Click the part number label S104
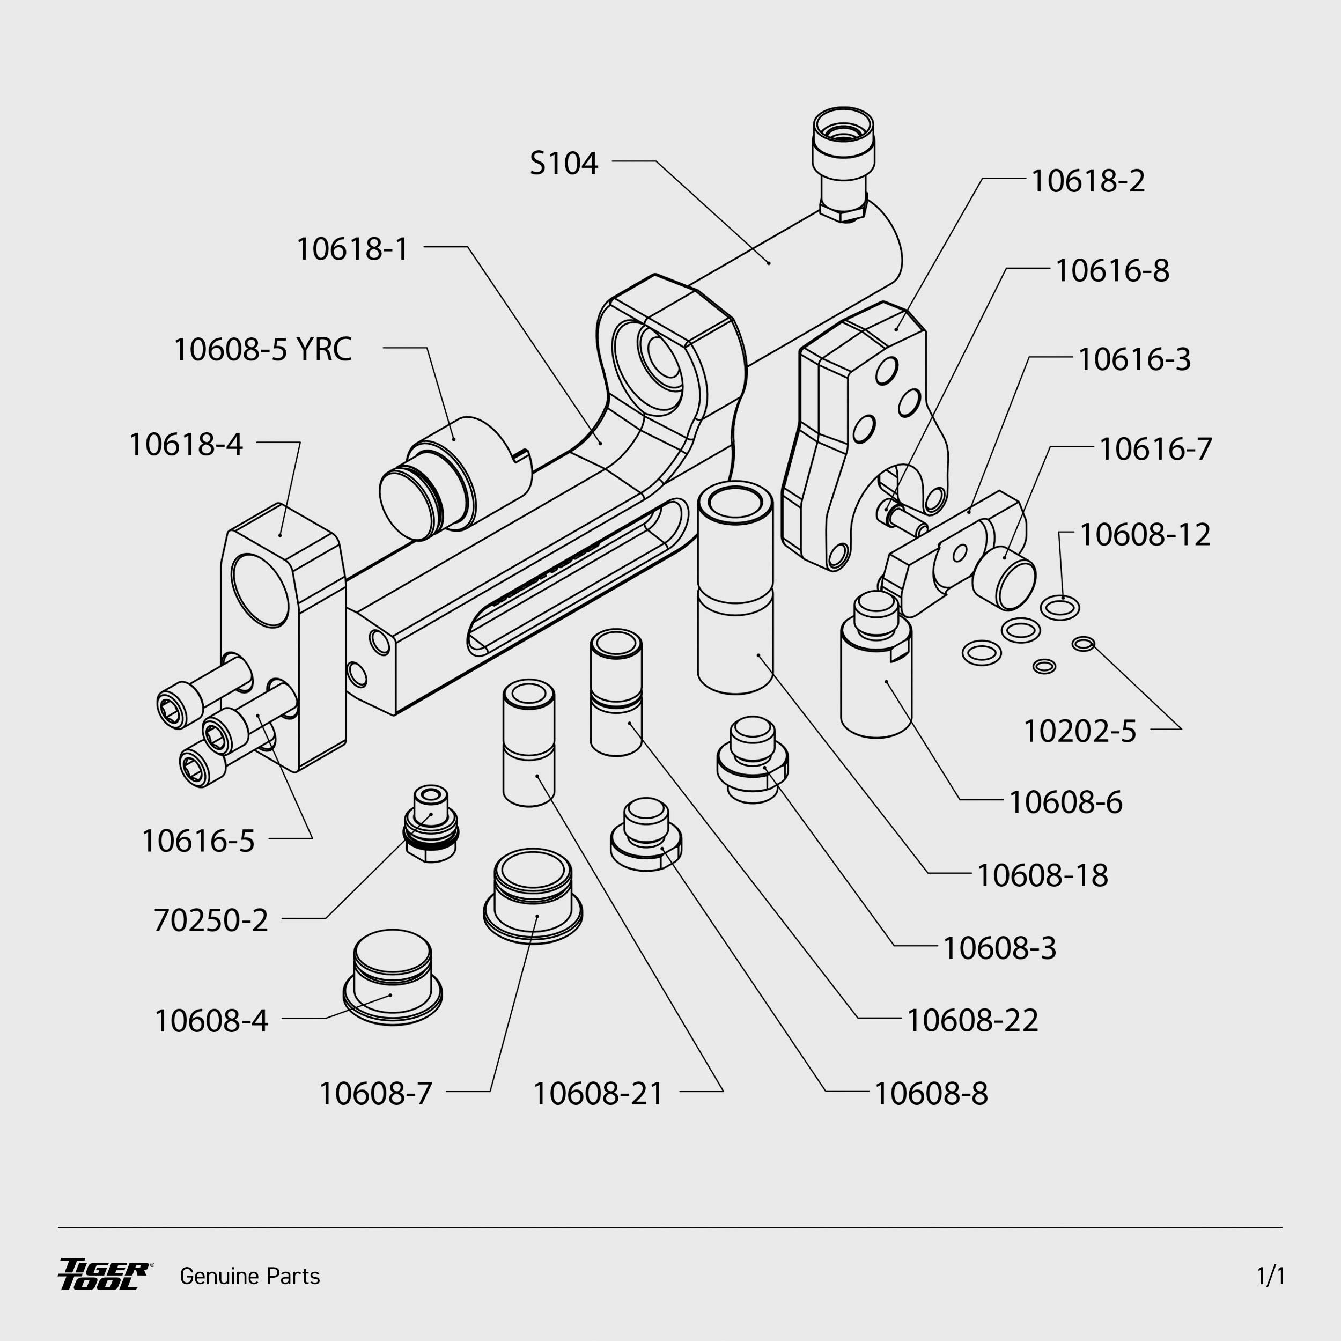point(563,164)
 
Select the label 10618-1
point(352,249)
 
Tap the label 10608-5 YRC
point(262,349)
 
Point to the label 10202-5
point(1079,732)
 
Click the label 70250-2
point(210,921)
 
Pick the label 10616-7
point(1155,449)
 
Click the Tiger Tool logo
point(104,1275)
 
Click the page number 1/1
point(1270,1276)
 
